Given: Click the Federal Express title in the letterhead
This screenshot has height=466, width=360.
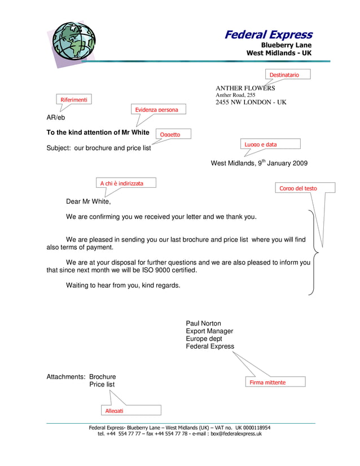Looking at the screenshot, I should [268, 35].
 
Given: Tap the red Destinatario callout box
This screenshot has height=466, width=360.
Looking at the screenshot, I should [288, 74].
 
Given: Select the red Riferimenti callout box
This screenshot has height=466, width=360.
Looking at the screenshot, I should [74, 100].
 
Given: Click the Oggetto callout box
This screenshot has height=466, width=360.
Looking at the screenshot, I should [172, 134].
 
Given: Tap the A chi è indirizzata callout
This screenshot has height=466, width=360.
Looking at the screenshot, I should [122, 183].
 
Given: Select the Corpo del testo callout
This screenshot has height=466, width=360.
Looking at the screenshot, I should [306, 188].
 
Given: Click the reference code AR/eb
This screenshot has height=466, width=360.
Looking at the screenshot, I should [56, 118].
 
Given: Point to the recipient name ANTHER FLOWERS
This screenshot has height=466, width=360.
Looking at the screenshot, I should [245, 88].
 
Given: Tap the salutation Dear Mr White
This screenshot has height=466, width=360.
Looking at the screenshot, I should [89, 201].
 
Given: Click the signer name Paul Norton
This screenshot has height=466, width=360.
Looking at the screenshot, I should [204, 323].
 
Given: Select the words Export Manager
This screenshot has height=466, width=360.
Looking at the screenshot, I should [209, 331].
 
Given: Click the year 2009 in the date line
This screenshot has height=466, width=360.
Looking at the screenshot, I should [299, 164].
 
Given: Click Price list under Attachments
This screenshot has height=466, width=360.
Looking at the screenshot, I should [102, 384].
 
